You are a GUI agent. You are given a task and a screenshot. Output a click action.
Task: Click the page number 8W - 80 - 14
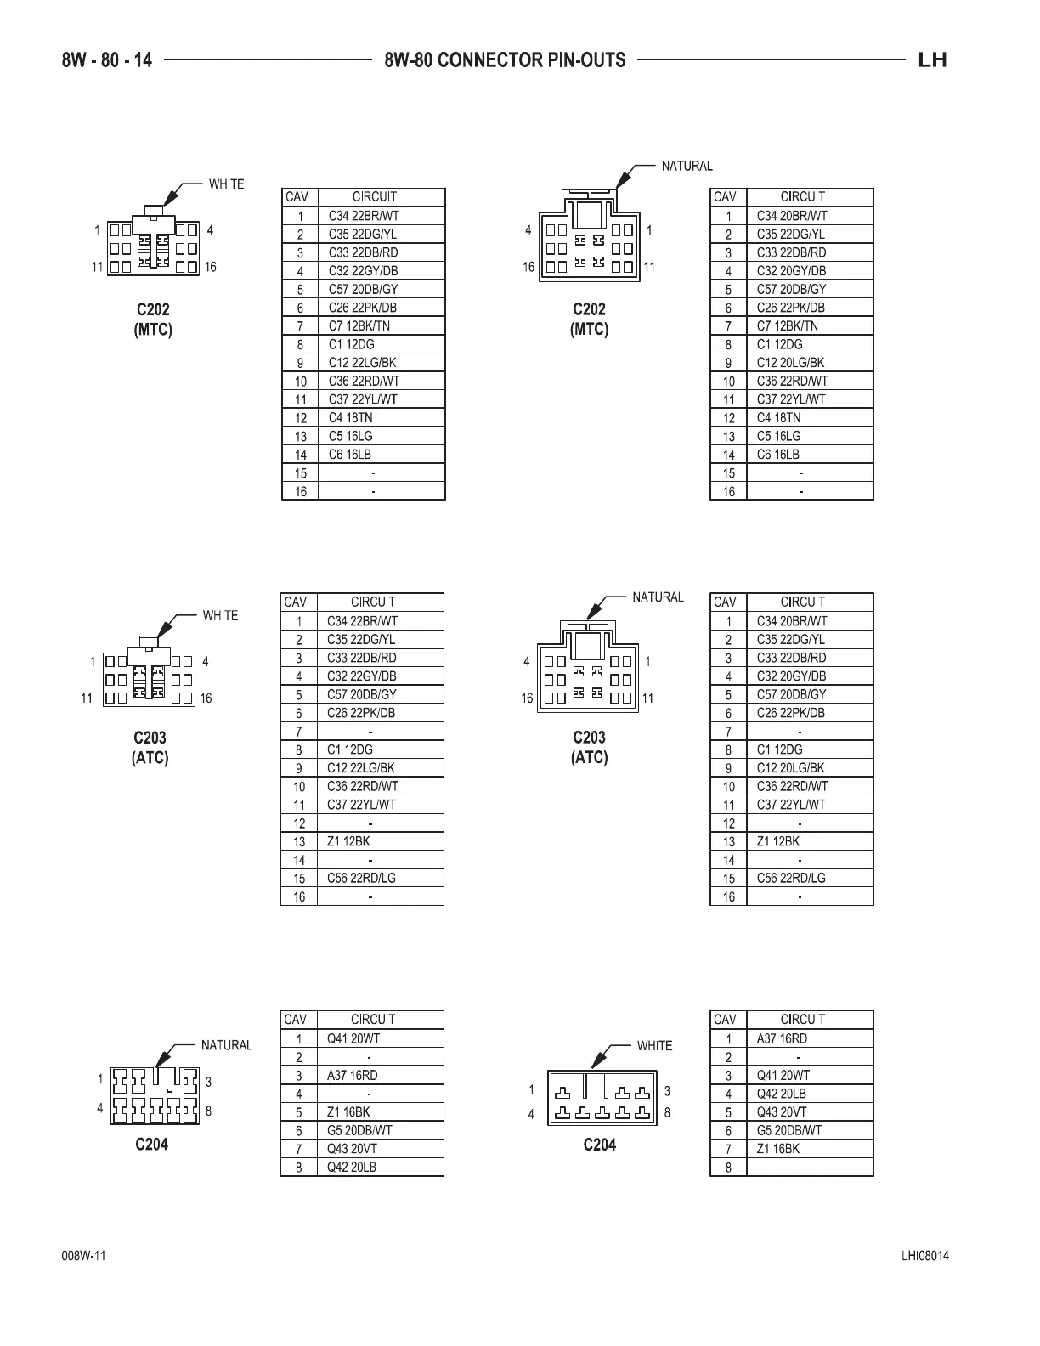107,60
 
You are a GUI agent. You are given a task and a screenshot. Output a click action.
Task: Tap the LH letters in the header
932,60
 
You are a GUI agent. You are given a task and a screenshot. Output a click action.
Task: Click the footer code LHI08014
925,1256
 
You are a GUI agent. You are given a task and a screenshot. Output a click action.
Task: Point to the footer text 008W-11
83,1256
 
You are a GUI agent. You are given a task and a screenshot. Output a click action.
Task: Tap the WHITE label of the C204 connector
654,1045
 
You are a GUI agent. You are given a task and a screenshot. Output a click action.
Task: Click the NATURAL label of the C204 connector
226,1045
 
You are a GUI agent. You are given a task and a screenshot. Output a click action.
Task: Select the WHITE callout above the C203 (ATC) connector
220,615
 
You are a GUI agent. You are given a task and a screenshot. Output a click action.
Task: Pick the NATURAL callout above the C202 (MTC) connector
687,166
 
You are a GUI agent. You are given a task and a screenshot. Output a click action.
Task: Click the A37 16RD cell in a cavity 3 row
353,1075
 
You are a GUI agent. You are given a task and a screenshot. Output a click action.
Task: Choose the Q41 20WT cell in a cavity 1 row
353,1038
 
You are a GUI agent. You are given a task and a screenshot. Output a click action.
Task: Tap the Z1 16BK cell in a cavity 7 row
778,1149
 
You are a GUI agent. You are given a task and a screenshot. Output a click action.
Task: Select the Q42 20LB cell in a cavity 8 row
352,1167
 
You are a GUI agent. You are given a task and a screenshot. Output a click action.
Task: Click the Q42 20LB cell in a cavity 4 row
782,1094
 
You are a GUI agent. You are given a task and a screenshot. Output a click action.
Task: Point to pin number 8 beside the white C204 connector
667,1112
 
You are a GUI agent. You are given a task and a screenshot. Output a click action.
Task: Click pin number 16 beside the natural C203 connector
527,698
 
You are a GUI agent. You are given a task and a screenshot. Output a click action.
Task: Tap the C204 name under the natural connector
152,1145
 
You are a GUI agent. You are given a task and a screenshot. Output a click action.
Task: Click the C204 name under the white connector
599,1145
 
